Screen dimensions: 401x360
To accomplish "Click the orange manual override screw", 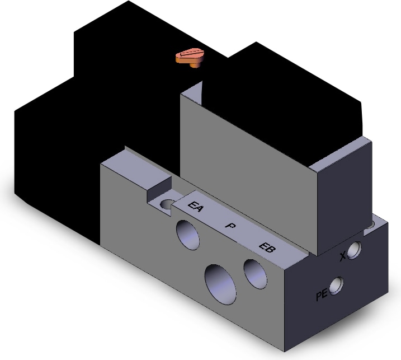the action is (190, 57).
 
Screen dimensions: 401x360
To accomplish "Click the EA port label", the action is (196, 207).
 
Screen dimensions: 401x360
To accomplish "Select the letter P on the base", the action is (230, 226).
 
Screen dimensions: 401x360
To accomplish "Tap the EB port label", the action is (267, 247).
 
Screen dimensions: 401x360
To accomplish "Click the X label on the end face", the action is (343, 257).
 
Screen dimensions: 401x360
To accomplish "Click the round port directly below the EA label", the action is (188, 235).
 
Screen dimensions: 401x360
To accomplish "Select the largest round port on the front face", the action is (220, 284).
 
